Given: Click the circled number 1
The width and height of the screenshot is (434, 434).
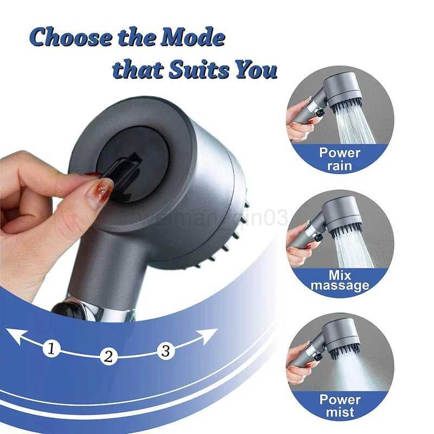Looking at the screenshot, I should [x=51, y=348].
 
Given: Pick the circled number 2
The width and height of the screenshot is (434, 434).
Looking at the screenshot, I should [x=108, y=356].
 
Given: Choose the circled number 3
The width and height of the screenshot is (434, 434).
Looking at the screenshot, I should [x=166, y=350].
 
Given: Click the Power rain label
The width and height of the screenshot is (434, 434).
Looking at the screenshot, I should [x=340, y=158].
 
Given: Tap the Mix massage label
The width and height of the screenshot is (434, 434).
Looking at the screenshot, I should [x=340, y=280].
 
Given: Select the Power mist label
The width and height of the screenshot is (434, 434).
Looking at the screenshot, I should [x=340, y=406].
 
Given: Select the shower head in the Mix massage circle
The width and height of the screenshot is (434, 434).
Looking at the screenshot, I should [x=342, y=214].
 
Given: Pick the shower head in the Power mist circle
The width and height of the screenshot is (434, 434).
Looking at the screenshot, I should [x=342, y=336].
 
